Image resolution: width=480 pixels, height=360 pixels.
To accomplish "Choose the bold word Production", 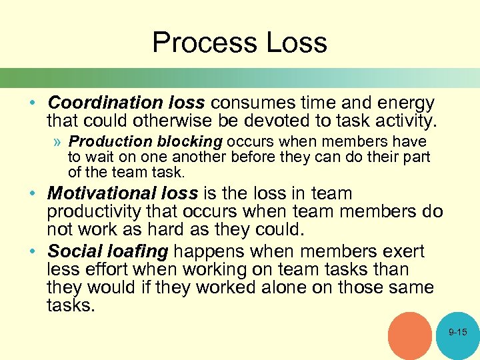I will (x=111, y=142).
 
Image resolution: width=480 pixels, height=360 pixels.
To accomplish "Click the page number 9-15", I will (x=458, y=332).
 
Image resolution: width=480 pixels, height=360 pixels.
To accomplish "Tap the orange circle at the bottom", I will (x=410, y=335).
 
